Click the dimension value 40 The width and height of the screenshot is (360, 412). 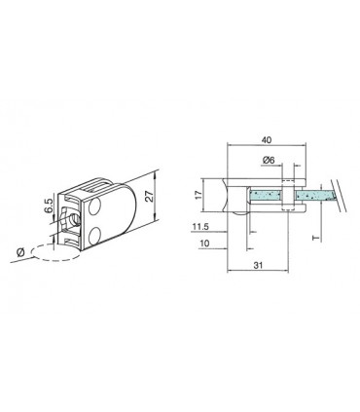tap(267, 139)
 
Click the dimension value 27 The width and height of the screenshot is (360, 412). tap(147, 199)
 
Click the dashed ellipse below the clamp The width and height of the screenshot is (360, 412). tap(54, 251)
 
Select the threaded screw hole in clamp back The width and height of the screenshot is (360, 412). tap(69, 218)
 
